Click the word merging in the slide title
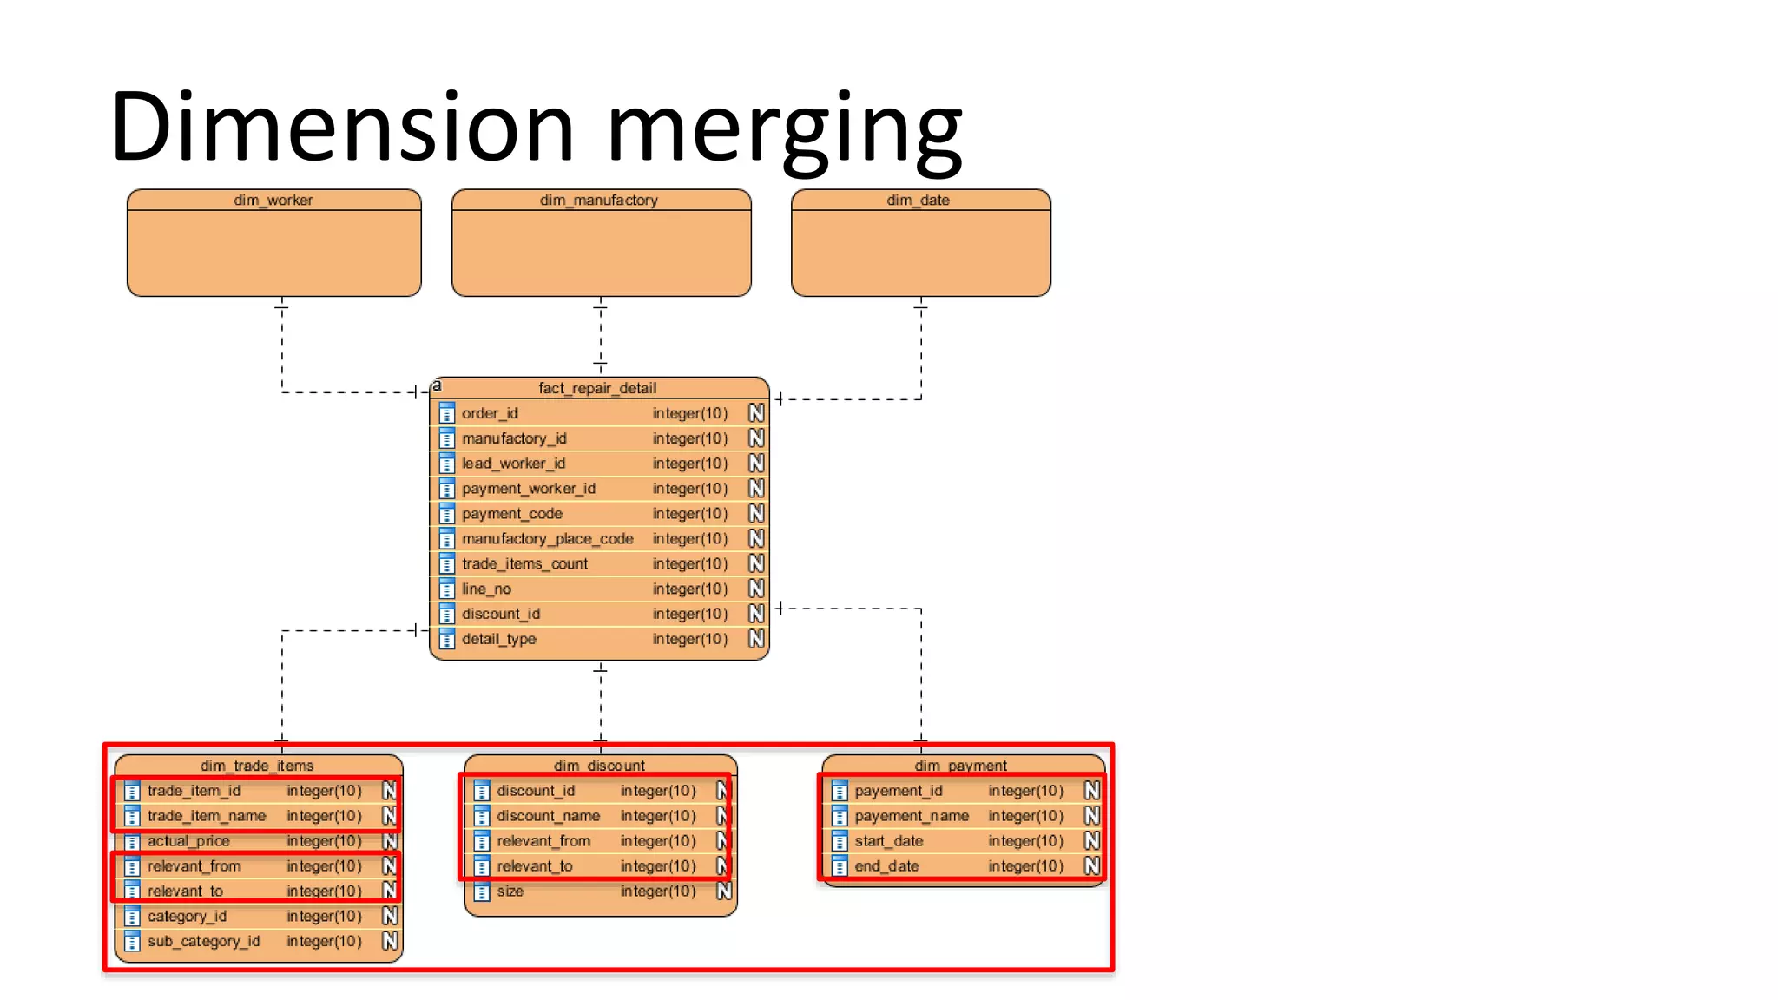pyautogui.click(x=784, y=130)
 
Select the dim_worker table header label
pyautogui.click(x=273, y=201)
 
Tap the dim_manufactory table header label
pyautogui.click(x=598, y=201)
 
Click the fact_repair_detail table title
pyautogui.click(x=597, y=388)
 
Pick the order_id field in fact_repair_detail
pyautogui.click(x=490, y=413)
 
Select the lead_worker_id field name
pyautogui.click(x=513, y=464)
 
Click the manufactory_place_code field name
pyautogui.click(x=547, y=539)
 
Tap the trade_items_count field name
pyautogui.click(x=524, y=564)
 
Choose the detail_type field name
pyautogui.click(x=498, y=639)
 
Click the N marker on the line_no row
pyautogui.click(x=756, y=589)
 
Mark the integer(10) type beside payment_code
pyautogui.click(x=690, y=514)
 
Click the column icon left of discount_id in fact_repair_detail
pyautogui.click(x=447, y=615)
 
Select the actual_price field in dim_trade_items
pyautogui.click(x=188, y=841)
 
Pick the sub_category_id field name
pyautogui.click(x=203, y=942)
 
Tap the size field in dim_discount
pyautogui.click(x=510, y=891)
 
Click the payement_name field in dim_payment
pyautogui.click(x=912, y=816)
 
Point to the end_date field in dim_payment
pyautogui.click(x=886, y=866)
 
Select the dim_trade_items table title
pyautogui.click(x=257, y=766)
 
